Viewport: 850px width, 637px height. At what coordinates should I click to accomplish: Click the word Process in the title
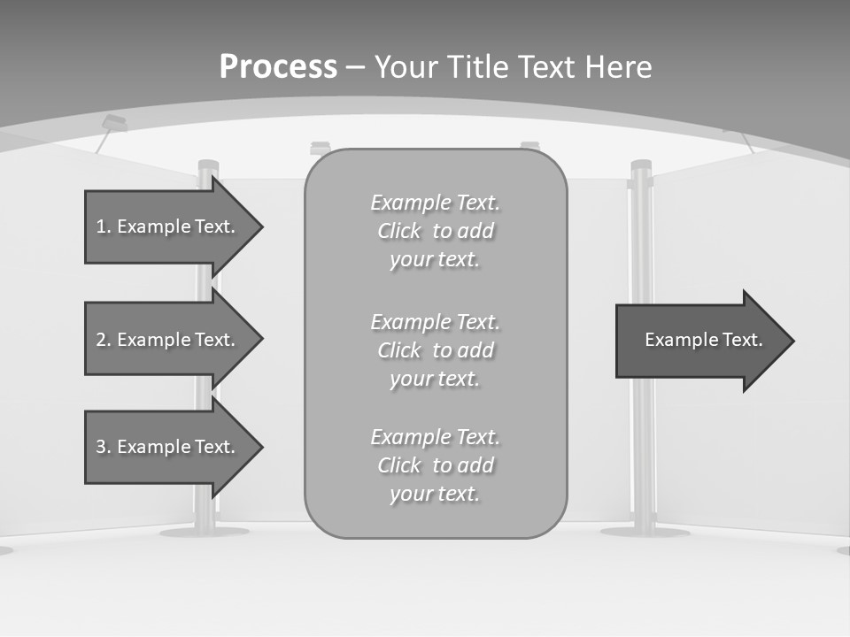[278, 67]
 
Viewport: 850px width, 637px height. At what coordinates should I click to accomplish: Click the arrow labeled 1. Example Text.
[168, 226]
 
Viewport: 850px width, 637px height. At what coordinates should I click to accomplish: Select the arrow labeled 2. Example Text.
[168, 340]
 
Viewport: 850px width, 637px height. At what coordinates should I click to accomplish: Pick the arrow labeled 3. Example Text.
[168, 447]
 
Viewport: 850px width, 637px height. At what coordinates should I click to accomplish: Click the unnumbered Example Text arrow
[699, 341]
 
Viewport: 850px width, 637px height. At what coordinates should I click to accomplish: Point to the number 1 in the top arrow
[101, 226]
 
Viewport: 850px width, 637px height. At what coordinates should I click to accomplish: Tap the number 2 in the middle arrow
[101, 340]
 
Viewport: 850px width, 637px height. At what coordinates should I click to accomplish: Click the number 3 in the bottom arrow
[101, 447]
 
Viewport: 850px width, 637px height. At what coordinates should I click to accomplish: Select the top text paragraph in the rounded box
[436, 231]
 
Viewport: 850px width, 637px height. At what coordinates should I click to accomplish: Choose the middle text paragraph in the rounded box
[436, 350]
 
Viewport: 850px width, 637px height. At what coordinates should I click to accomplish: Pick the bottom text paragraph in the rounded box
[436, 465]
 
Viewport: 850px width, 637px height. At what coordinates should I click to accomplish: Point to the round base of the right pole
[644, 532]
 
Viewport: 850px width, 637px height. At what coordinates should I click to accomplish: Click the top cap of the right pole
[641, 165]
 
